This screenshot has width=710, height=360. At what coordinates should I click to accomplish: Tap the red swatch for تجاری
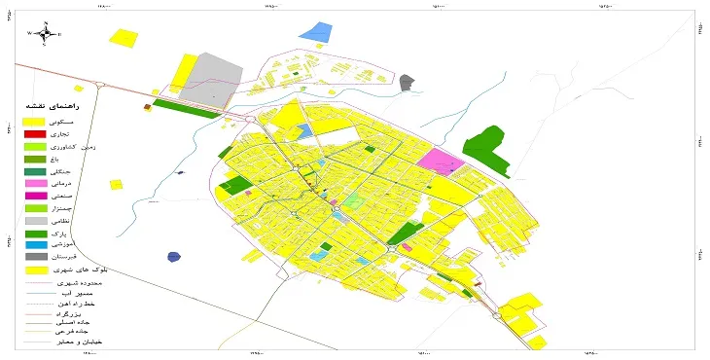[35, 133]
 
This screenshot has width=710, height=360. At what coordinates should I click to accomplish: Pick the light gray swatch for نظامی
[35, 222]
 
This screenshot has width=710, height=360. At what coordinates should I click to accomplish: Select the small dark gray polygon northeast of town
[407, 83]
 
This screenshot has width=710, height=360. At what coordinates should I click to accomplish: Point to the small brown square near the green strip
[147, 107]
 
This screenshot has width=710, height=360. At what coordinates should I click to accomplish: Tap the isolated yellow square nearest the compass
[122, 37]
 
